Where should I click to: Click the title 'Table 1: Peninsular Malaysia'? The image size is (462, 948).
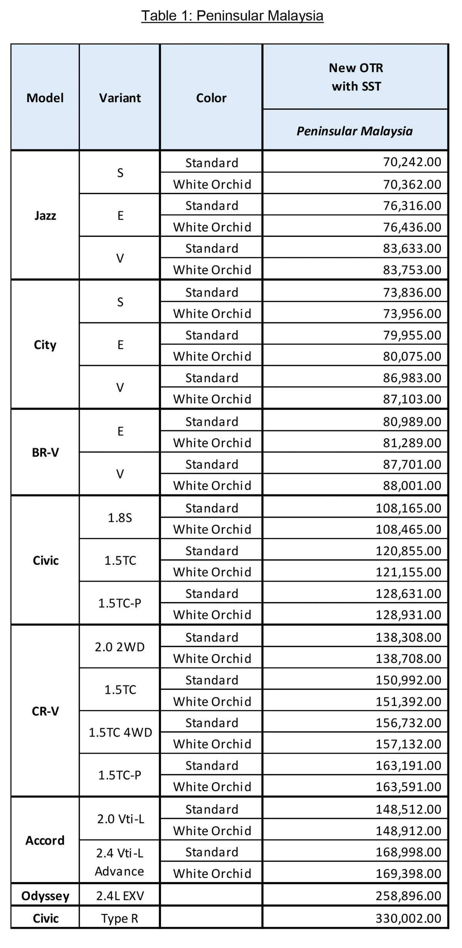232,16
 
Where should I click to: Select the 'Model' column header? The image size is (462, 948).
45,98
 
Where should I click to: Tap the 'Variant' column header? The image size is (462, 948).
120,98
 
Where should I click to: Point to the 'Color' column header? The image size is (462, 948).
211,98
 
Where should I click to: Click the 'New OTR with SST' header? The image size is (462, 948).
356,77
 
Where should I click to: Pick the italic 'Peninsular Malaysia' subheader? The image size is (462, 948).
355,131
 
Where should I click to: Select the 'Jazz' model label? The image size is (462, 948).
45,215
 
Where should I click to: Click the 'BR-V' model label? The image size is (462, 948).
45,452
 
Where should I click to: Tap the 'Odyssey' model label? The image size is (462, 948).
45,896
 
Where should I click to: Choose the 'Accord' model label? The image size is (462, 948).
45,840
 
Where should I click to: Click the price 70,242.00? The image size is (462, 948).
412,162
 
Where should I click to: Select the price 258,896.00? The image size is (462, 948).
408,896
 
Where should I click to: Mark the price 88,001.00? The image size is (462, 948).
412,485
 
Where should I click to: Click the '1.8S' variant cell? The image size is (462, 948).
120,518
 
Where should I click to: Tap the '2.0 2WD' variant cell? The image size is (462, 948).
120,647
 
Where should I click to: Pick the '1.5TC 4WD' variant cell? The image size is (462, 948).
120,732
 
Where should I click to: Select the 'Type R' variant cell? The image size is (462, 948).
120,918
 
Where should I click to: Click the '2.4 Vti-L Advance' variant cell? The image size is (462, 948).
120,862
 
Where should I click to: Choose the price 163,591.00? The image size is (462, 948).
408,786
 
